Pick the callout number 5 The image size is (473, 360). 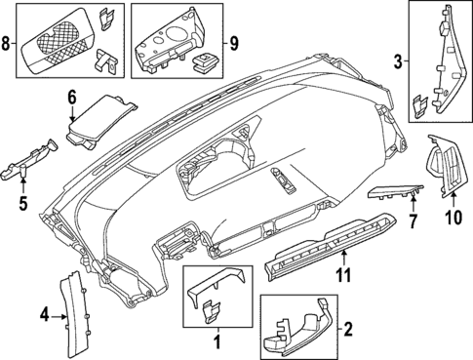click(x=24, y=206)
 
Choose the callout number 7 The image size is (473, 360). click(x=412, y=222)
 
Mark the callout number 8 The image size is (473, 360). click(x=8, y=44)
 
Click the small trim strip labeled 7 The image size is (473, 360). click(x=396, y=195)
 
